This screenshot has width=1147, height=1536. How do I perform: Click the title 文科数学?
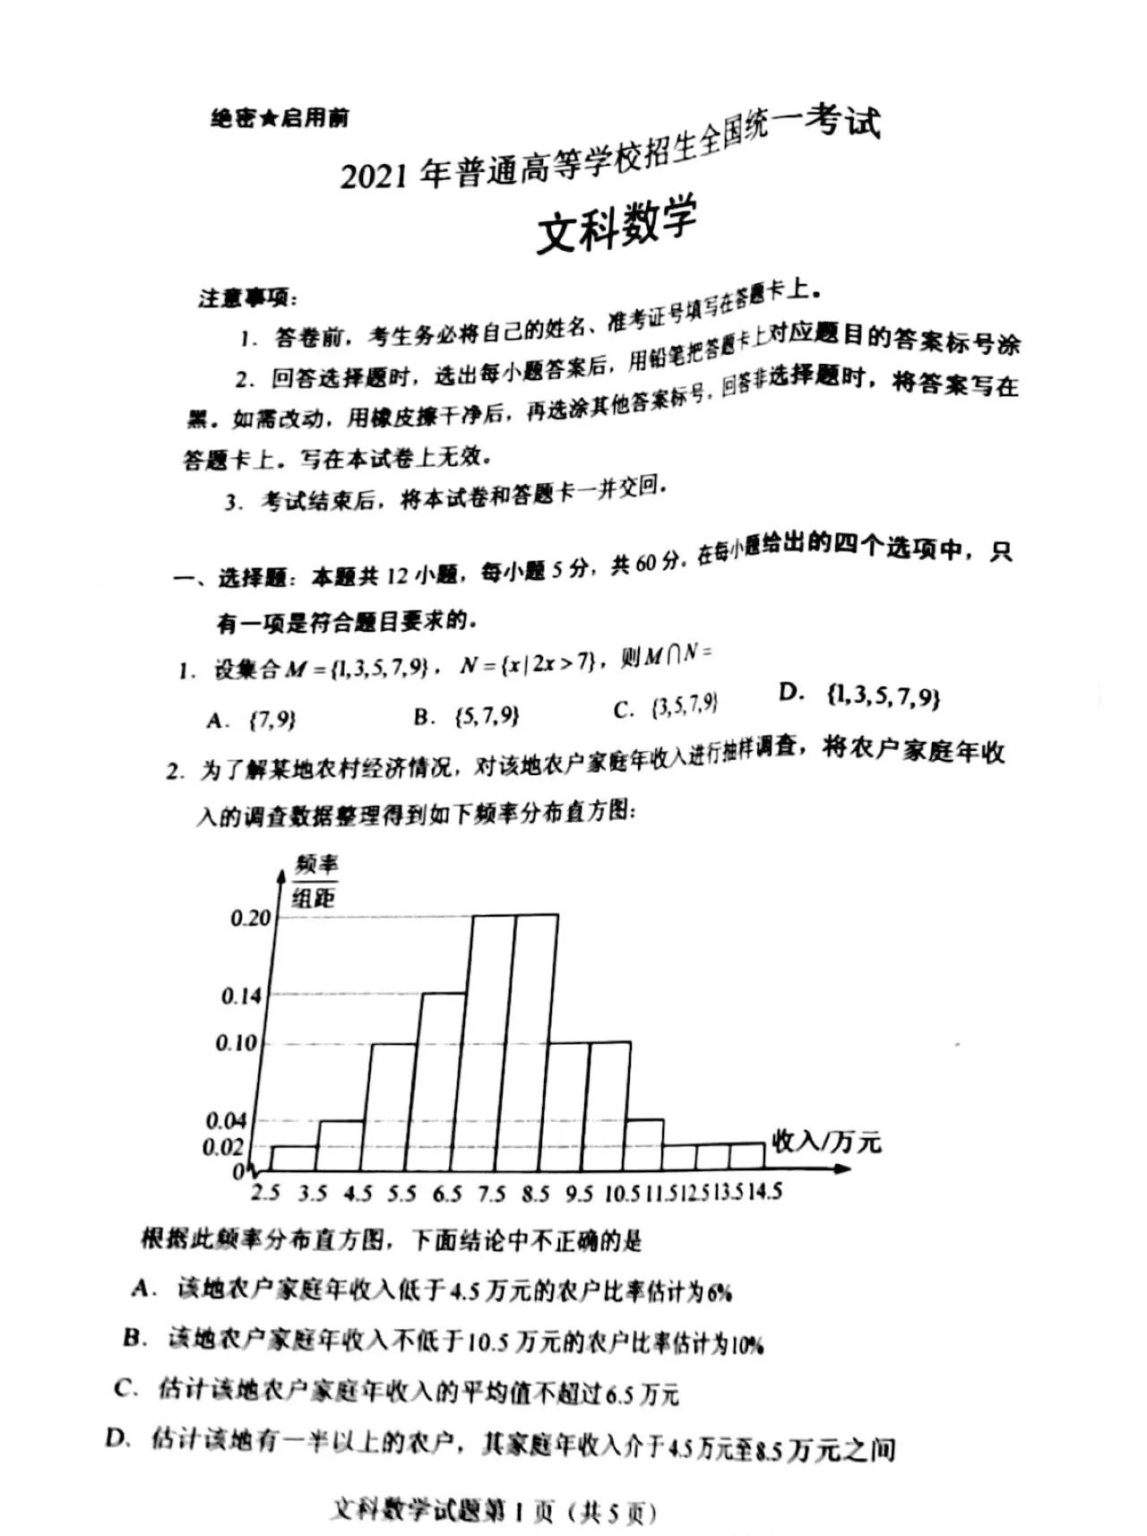617,226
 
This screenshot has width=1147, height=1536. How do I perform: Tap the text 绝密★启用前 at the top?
280,118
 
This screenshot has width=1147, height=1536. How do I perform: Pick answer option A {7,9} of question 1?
252,720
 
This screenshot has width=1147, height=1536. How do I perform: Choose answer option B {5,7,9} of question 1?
466,716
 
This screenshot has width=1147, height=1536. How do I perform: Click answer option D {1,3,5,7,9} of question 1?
860,695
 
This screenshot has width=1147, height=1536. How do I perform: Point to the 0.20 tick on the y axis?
250,918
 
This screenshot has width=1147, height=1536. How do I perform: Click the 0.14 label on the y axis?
241,996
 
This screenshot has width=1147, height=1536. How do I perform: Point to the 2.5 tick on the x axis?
265,1193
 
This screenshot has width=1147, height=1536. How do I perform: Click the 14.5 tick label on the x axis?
764,1191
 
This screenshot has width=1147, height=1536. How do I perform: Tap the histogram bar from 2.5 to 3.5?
293,1157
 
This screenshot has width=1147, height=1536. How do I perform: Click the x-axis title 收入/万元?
825,1142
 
